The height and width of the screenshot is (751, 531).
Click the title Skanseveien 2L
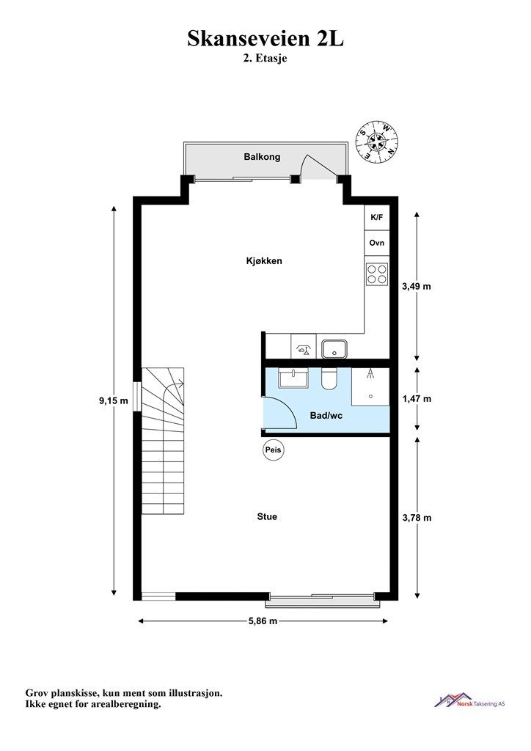[265, 39]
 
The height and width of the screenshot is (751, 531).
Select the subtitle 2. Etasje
[265, 60]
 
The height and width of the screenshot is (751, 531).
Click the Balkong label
[262, 157]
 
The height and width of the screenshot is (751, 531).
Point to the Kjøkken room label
[264, 260]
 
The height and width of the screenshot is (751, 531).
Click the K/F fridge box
[377, 218]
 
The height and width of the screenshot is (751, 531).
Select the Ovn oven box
[377, 243]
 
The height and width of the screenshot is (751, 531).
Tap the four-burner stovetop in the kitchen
[377, 274]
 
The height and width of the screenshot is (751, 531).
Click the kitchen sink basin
[335, 347]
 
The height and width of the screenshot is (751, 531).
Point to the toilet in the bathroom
[329, 378]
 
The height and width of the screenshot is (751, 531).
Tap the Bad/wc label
[326, 415]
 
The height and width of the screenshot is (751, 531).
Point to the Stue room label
[267, 516]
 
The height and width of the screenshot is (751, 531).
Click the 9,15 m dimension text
[114, 400]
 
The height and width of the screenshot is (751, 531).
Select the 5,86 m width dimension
[262, 621]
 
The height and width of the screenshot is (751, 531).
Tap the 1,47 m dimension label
[417, 399]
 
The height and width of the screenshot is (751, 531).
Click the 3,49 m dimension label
[417, 286]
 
